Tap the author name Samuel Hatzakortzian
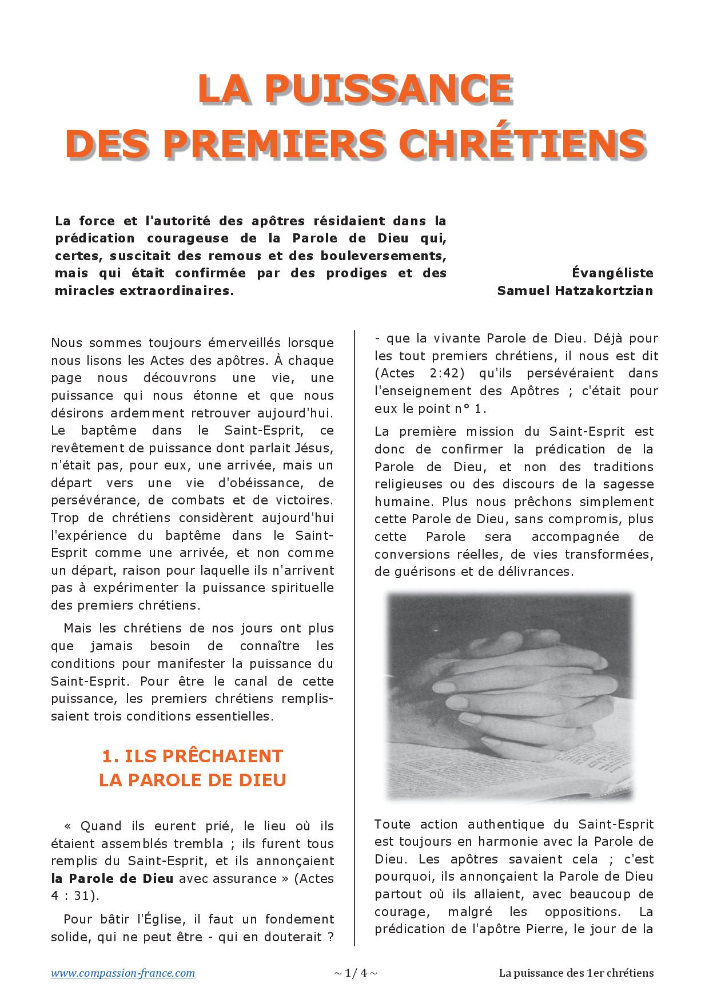coord(575,290)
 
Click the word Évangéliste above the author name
coord(612,273)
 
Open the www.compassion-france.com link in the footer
coord(123,973)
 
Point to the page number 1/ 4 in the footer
coord(355,973)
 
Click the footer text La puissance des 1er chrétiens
coord(576,973)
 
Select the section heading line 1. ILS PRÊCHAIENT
coord(192,756)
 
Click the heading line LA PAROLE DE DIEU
coord(192,780)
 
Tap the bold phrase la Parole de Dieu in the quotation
coord(112,878)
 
